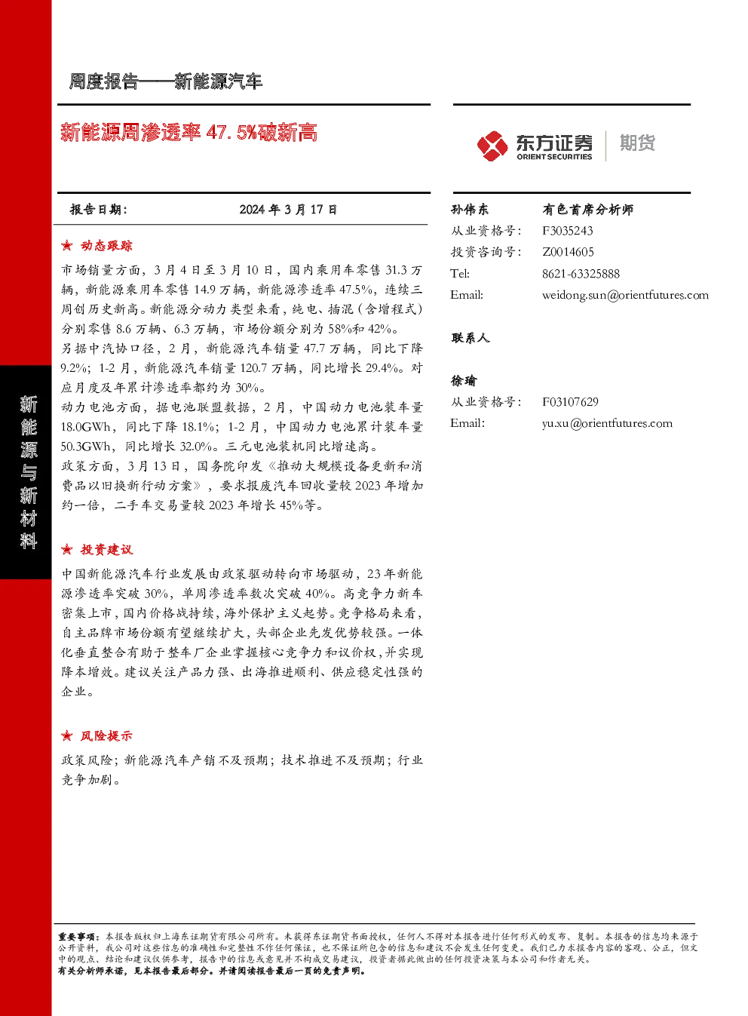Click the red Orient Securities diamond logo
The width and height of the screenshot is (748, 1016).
pos(492,146)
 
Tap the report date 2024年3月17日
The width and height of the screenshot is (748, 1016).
pos(288,210)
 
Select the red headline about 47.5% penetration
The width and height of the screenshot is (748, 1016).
pos(189,132)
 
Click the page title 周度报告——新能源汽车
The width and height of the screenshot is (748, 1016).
pos(165,81)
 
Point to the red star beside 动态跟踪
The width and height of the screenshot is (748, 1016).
pos(67,246)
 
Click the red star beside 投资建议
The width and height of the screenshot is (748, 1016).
pos(67,550)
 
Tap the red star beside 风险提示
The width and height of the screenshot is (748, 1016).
pos(67,735)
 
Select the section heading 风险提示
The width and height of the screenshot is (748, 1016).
pos(106,735)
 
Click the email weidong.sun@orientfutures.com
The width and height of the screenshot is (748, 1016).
pos(625,295)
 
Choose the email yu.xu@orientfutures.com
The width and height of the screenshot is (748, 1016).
pos(607,423)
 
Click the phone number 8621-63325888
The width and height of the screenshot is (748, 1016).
pos(581,274)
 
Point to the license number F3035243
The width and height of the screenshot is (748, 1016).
pos(568,231)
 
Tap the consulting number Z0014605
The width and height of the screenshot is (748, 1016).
pos(568,252)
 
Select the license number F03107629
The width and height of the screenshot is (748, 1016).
pos(570,402)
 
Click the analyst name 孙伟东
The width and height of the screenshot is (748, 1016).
pos(469,210)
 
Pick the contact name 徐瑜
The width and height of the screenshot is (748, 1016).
pos(463,381)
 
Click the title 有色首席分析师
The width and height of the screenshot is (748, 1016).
pos(587,210)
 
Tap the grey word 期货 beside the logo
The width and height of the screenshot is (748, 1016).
pos(637,143)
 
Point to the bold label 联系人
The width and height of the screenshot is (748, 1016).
pos(470,338)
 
